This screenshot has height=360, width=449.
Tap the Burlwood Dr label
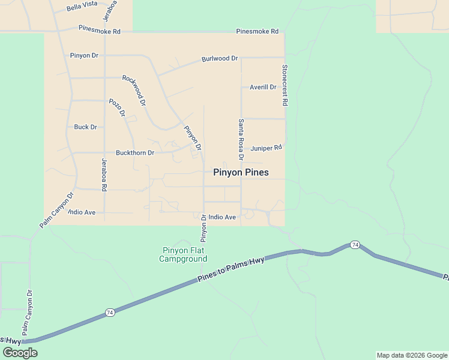click(x=220, y=59)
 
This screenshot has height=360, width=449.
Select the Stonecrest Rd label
click(x=285, y=85)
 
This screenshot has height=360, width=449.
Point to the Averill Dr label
click(x=263, y=87)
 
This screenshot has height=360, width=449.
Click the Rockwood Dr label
click(x=134, y=90)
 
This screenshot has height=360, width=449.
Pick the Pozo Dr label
click(x=117, y=107)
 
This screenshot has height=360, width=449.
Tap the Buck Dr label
click(x=85, y=127)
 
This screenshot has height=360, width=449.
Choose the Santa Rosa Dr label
click(x=241, y=139)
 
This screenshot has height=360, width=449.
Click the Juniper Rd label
click(x=266, y=148)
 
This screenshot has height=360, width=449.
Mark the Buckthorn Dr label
click(x=135, y=153)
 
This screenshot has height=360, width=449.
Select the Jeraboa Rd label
click(x=104, y=175)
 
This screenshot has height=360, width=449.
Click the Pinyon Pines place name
click(x=241, y=173)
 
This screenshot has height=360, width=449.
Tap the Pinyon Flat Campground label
click(x=183, y=255)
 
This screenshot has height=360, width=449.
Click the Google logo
click(x=19, y=353)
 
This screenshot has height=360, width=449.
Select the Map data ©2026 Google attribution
click(x=412, y=355)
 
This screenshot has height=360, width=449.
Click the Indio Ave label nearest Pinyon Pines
click(x=222, y=217)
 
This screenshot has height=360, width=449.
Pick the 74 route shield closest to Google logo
click(x=109, y=313)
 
